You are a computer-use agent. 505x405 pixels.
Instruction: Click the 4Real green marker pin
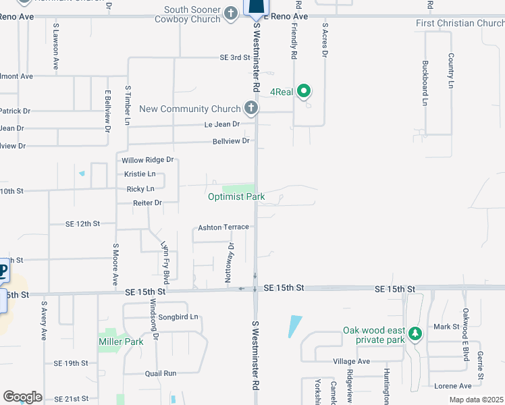304,90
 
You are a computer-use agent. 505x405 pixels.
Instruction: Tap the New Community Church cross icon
250,108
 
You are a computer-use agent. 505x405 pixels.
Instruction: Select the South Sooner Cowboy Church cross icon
231,11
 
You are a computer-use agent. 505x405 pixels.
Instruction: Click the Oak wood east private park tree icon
415,333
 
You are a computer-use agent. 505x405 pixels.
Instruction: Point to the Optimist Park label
236,196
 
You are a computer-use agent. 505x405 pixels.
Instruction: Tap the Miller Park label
121,342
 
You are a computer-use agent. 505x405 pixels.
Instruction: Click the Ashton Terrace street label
223,227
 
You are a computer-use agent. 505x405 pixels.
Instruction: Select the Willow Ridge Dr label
148,160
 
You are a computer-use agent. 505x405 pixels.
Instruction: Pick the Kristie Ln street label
140,174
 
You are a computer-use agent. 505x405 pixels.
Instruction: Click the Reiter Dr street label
148,202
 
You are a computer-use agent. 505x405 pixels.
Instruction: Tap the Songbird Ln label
178,317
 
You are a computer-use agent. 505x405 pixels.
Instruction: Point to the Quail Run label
160,373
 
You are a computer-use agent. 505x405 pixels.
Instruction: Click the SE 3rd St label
235,57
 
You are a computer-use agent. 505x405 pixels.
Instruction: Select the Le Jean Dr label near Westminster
222,124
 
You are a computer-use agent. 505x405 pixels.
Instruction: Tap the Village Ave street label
351,362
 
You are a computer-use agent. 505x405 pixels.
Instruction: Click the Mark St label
446,327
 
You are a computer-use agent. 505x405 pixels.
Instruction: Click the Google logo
22,397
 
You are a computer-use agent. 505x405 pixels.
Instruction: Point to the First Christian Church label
460,24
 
